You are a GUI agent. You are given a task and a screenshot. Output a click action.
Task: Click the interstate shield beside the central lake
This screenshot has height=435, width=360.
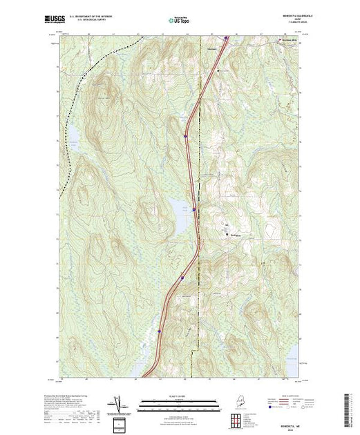194,209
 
